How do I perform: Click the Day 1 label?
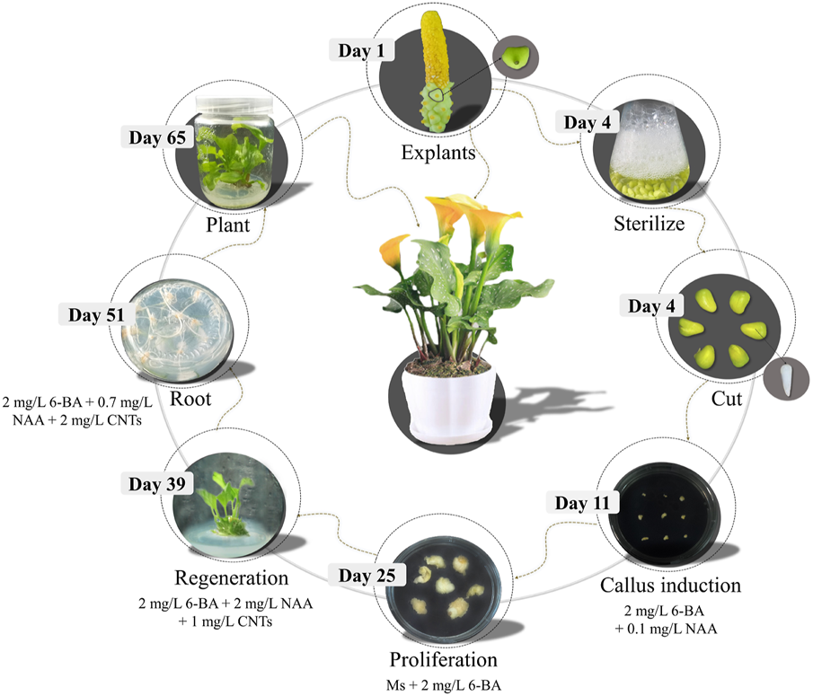pos(361,50)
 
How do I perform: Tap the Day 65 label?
pos(157,137)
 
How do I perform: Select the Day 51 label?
pos(96,314)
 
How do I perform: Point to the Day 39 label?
pos(157,483)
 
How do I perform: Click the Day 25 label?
pos(367,576)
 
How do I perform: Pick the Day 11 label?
pos(582,503)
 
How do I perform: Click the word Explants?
pos(438,153)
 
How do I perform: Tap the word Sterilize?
pos(650,224)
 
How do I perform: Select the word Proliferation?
pos(443,659)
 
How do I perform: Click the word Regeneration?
pos(231,577)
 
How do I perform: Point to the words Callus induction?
pos(670,586)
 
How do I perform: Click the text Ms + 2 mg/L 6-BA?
pos(443,685)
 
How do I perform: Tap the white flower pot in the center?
pos(447,402)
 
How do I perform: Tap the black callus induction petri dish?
pos(665,515)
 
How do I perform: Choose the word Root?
pos(190,399)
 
